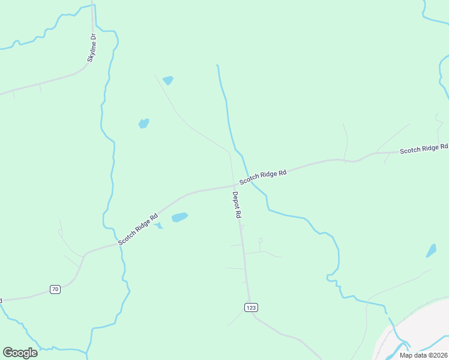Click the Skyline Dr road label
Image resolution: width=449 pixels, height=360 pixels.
[92, 47]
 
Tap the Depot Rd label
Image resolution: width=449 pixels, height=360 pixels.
[237, 205]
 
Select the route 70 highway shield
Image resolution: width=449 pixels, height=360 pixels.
[55, 289]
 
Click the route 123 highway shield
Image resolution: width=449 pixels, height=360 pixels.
[252, 307]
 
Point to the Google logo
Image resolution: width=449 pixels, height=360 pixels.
[20, 352]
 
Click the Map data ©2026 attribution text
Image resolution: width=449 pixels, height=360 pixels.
[423, 355]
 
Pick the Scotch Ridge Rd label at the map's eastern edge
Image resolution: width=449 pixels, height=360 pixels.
[424, 148]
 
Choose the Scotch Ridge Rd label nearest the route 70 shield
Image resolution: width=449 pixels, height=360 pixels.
[138, 229]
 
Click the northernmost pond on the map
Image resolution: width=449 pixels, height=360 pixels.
[168, 80]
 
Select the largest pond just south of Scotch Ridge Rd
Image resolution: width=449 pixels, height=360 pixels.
[179, 217]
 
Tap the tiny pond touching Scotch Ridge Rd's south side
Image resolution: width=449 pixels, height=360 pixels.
[158, 226]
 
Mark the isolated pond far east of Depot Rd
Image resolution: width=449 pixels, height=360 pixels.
[431, 251]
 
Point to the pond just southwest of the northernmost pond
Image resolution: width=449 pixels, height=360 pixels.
[143, 124]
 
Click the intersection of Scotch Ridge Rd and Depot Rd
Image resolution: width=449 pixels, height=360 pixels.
[234, 185]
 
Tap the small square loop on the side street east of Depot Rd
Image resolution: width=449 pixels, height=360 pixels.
[260, 241]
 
